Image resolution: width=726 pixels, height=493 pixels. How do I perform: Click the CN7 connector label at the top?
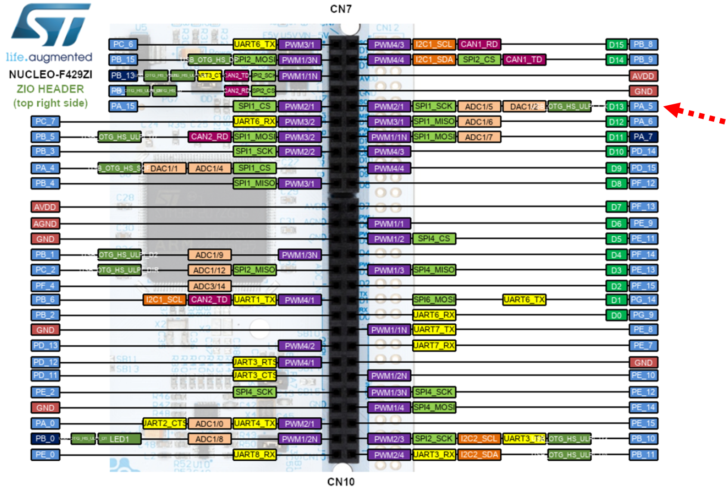coord(341,9)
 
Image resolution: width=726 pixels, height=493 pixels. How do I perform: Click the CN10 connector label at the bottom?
coord(341,482)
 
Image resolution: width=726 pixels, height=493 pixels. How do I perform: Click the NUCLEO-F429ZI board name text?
coord(50,74)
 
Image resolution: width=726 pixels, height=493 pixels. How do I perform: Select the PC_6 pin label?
coord(123,44)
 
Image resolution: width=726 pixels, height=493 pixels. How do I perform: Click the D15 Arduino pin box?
coord(616,45)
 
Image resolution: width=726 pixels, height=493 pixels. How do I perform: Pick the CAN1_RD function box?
coord(479,44)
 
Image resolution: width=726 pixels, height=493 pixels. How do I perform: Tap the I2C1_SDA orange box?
coord(434,60)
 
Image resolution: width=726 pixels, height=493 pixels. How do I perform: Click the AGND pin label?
coord(45,223)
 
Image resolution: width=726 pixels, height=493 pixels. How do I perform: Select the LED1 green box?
coord(119,439)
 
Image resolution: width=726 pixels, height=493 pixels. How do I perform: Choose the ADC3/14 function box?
coord(209,286)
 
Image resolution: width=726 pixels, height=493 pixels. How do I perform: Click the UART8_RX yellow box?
coord(255,454)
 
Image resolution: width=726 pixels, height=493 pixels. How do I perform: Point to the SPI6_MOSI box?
coord(434,300)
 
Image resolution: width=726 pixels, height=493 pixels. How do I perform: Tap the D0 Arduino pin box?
coord(616,315)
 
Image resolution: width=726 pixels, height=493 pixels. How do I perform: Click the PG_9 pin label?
coord(643,315)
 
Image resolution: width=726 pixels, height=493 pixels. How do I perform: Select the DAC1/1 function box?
coord(164,168)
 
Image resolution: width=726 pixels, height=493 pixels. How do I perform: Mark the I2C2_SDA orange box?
coord(479,454)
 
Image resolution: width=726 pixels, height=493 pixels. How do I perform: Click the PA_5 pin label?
coord(643,106)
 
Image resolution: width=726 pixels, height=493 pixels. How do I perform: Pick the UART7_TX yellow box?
coord(434,330)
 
